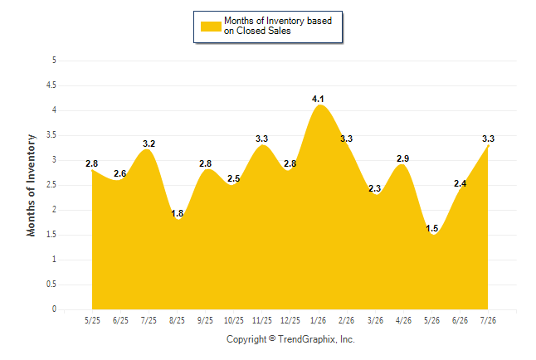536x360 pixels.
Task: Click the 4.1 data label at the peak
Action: tap(318, 100)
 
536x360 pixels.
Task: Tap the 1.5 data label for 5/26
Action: tap(431, 228)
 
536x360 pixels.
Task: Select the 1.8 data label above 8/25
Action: tap(177, 213)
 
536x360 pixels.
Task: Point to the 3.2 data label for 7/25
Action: tap(149, 144)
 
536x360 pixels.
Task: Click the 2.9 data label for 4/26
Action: tap(402, 158)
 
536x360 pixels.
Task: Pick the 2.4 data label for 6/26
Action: tap(460, 183)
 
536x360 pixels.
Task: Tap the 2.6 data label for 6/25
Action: tap(120, 173)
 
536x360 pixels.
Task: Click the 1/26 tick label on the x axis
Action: tap(318, 320)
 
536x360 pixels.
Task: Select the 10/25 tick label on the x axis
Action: tap(233, 320)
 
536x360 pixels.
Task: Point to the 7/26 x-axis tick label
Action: tap(488, 320)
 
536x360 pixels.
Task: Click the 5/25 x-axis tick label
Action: tap(92, 320)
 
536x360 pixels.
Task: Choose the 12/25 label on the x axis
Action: tap(290, 320)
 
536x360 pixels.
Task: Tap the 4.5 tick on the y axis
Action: tap(51, 85)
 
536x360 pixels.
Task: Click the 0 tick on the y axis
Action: tap(54, 309)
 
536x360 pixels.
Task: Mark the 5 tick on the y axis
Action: tap(54, 61)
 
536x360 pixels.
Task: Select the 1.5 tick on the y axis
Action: tap(51, 235)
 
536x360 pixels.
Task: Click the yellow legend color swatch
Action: tap(211, 27)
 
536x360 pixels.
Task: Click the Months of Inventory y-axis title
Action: tap(31, 185)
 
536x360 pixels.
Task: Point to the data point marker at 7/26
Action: tap(488, 146)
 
